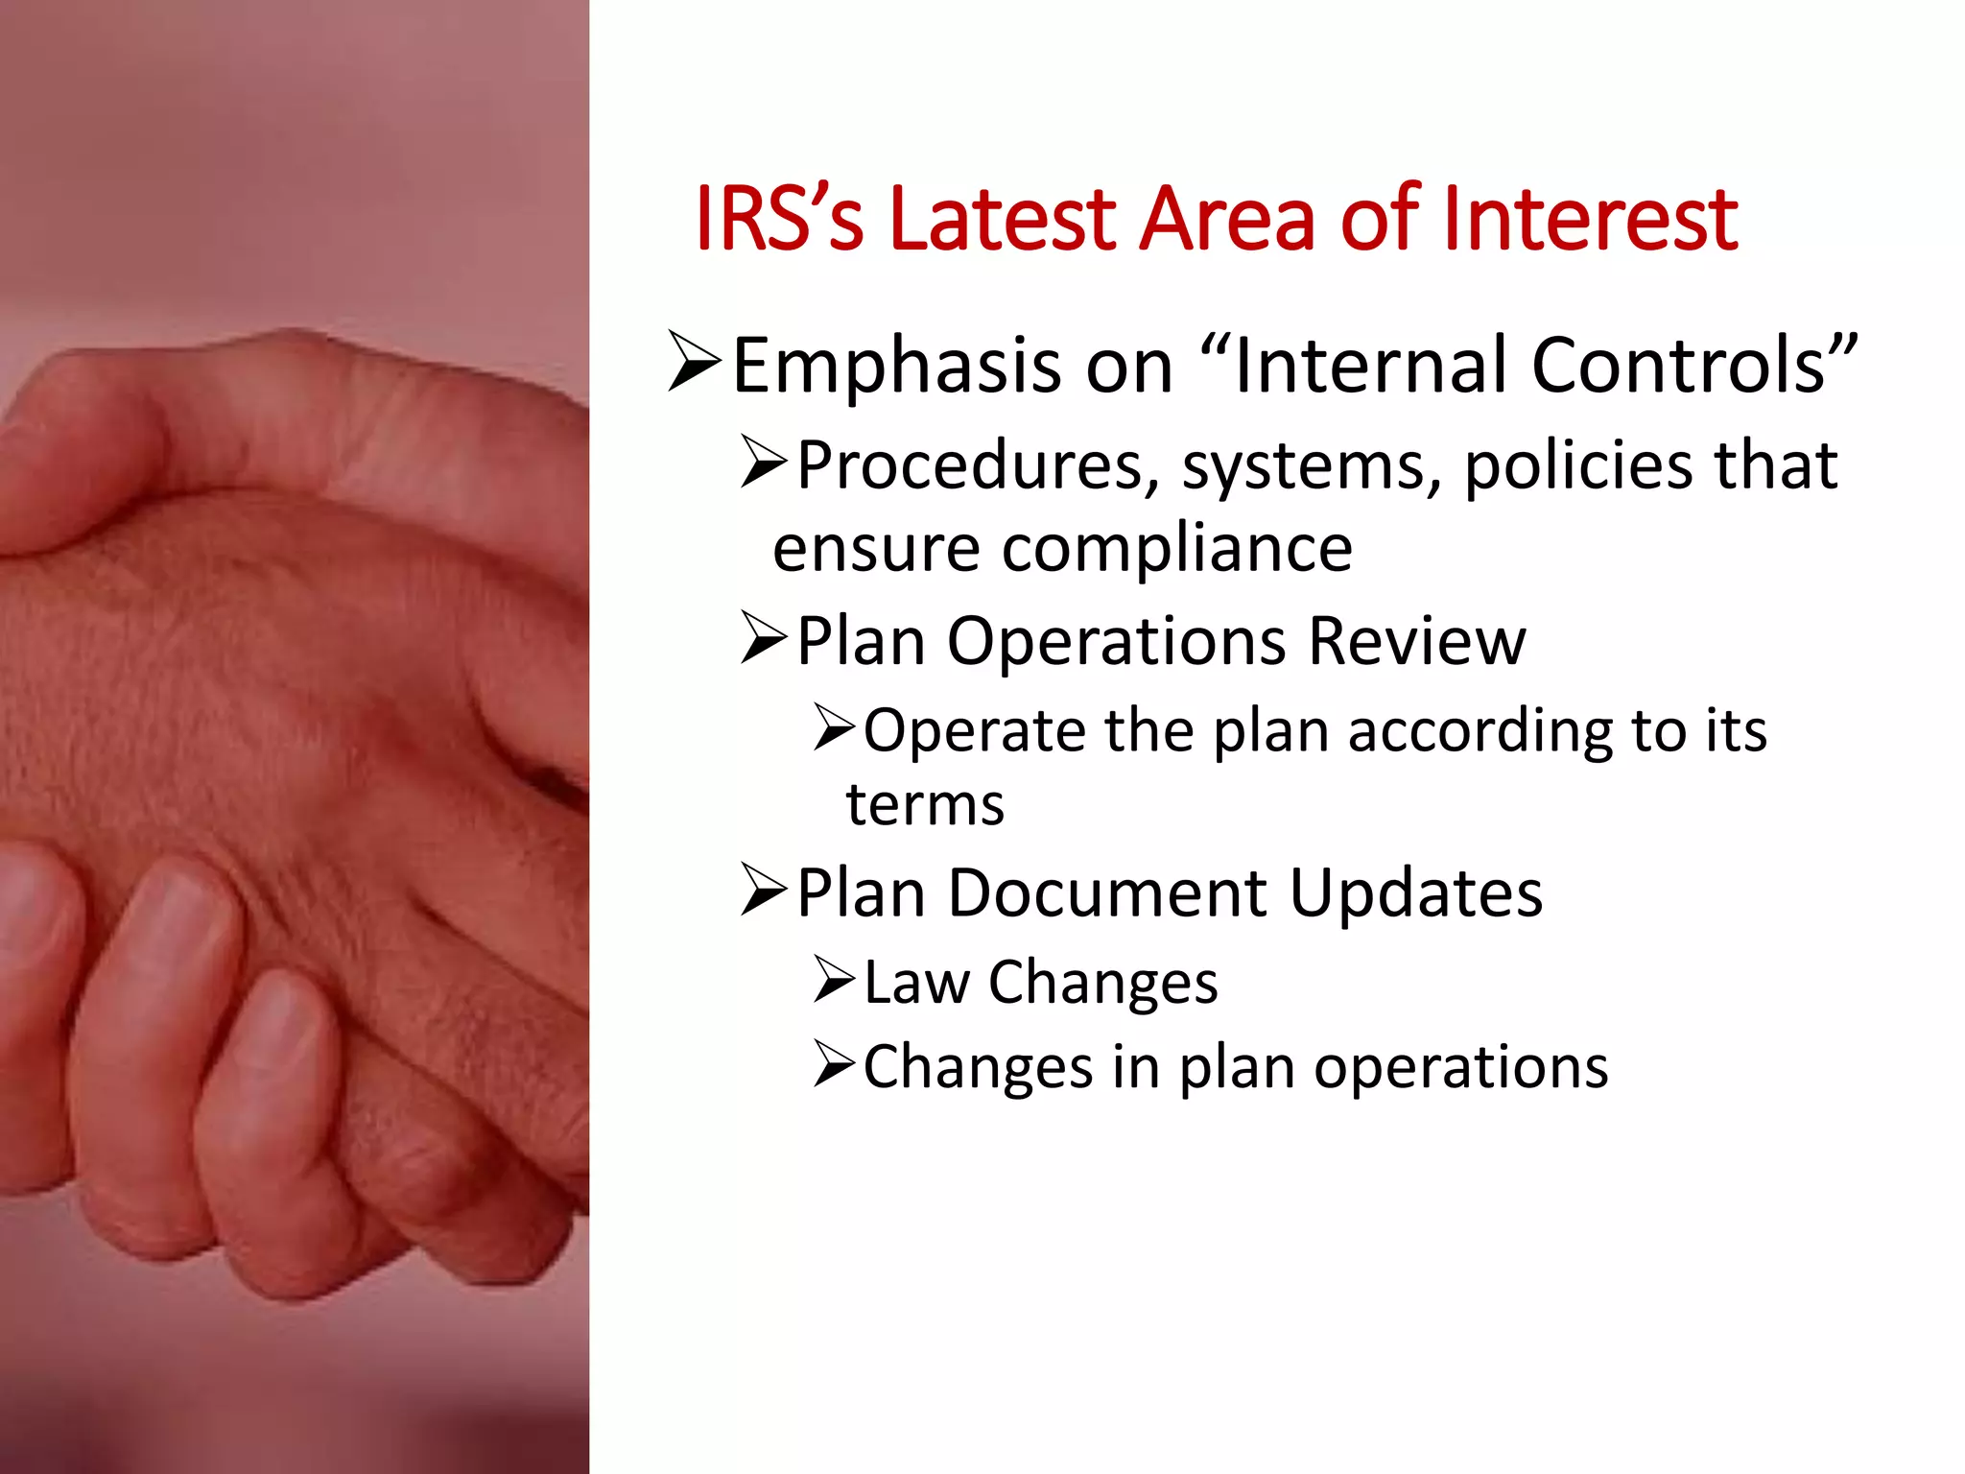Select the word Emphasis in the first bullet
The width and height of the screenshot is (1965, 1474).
896,366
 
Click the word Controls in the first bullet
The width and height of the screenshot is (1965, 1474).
1694,366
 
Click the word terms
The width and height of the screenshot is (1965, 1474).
925,804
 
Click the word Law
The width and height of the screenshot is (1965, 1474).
916,983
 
